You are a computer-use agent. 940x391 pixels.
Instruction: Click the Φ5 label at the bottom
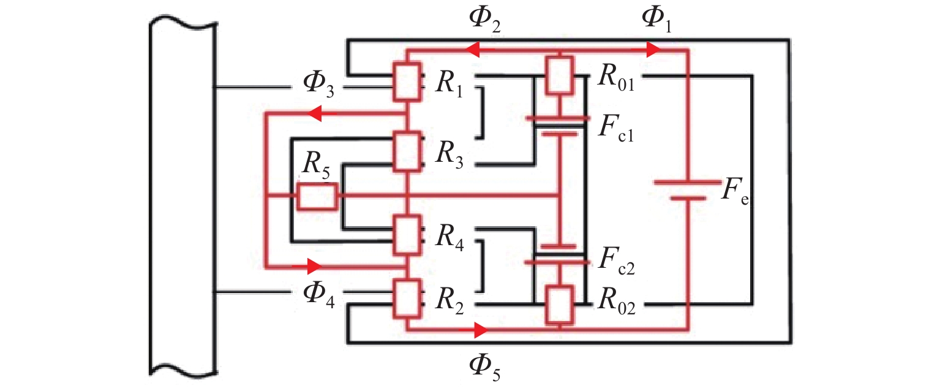tap(483, 368)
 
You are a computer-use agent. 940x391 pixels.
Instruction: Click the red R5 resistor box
tap(317, 197)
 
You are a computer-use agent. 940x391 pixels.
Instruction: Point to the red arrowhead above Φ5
tap(481, 331)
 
